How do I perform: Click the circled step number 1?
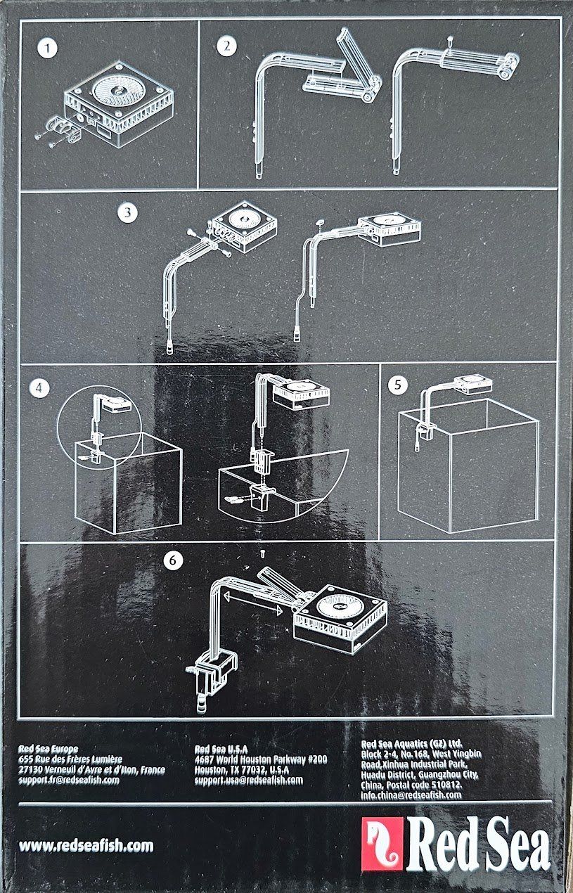click(47, 49)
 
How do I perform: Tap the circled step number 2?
click(226, 46)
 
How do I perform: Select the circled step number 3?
click(127, 212)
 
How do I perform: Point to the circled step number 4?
click(39, 388)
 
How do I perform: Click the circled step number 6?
click(173, 560)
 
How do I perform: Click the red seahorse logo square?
click(382, 843)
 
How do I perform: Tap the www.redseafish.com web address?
click(86, 845)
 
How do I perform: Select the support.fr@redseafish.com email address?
click(69, 780)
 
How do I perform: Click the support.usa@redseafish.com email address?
click(249, 780)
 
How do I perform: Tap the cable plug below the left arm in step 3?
click(169, 348)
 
